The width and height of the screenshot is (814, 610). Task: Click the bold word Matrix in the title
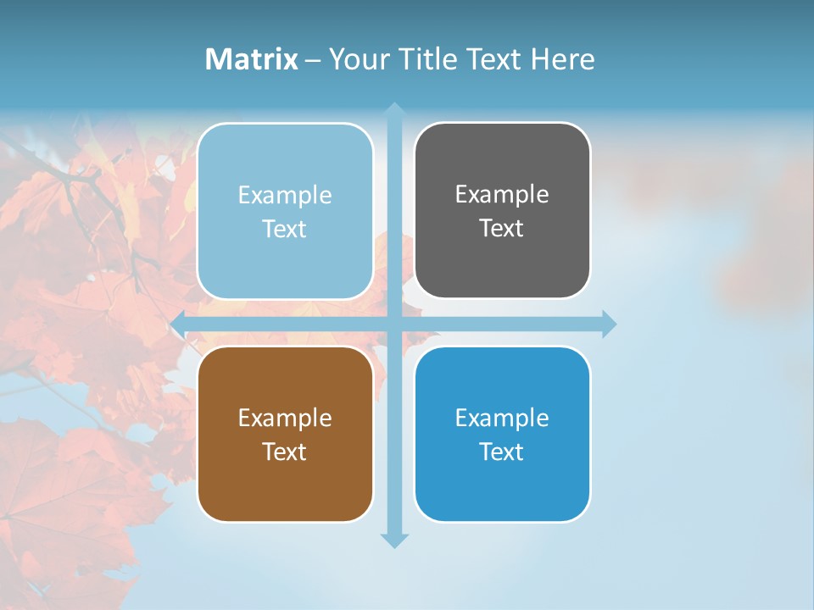(x=252, y=59)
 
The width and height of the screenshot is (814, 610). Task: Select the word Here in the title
(x=562, y=59)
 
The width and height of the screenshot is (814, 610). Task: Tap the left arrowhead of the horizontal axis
(x=178, y=324)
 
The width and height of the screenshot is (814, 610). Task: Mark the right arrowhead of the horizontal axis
(x=609, y=324)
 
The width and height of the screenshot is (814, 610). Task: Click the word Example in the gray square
(x=502, y=194)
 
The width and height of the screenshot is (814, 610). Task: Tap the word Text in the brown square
(x=284, y=452)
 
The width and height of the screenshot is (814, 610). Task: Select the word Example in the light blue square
(x=285, y=195)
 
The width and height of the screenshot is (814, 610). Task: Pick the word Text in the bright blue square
(x=501, y=452)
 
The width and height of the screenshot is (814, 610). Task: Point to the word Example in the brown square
(x=285, y=418)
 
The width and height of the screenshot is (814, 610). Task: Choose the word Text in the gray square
(x=501, y=228)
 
